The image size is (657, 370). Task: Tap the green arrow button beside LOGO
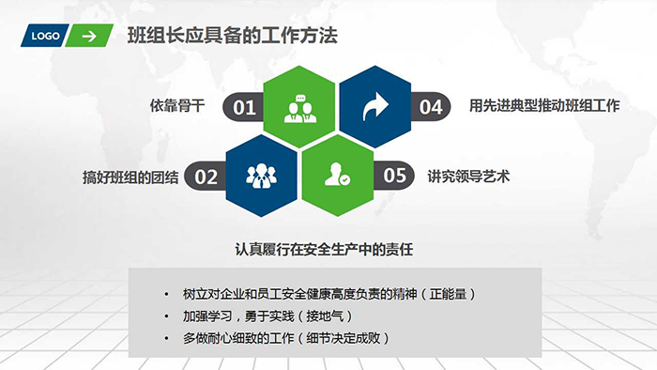(90, 37)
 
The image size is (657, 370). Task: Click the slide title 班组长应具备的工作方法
(232, 37)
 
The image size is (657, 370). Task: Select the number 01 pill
(243, 107)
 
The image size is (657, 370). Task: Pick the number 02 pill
(206, 176)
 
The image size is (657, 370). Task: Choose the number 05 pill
(394, 176)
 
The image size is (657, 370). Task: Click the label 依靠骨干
(176, 106)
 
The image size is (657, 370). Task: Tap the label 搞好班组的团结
(130, 177)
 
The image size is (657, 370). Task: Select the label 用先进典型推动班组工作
(544, 106)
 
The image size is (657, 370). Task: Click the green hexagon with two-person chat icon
(299, 107)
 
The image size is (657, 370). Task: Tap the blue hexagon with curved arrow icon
(374, 107)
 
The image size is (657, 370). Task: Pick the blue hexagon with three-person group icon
(262, 175)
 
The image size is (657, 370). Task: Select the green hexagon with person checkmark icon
(337, 175)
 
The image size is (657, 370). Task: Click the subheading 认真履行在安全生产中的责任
(325, 250)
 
